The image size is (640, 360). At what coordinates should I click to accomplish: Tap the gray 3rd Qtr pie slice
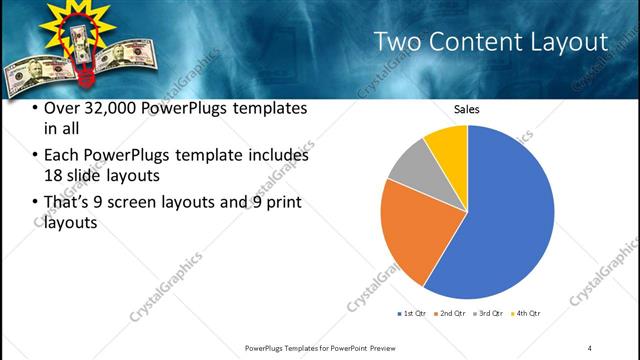point(410,167)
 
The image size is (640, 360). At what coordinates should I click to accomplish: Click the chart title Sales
point(467,109)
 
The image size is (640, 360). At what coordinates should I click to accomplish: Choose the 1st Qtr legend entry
point(412,314)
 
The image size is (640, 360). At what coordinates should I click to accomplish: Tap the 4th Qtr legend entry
point(525,314)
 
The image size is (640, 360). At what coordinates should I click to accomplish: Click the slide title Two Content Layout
point(490,42)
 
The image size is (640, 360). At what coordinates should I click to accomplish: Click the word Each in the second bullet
point(63,156)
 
